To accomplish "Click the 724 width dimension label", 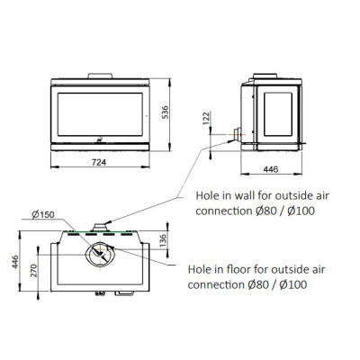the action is pos(99,162).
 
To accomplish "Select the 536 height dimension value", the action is pos(166,112).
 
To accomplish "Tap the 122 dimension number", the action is pos(207,118).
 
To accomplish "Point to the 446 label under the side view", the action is pos(271,169).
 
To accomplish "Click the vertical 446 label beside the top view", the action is pos(15,262).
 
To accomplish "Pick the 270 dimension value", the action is pos(33,271).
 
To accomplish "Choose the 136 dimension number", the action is pos(162,241).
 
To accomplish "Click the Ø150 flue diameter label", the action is pos(43,214).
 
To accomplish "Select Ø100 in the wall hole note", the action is pos(301,211).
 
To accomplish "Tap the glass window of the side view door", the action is pos(278,114).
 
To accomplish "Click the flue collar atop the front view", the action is pos(100,76).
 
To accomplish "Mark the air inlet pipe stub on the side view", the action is pos(238,134).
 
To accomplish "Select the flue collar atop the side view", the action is pos(265,76).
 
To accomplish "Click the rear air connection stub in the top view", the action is pos(99,228).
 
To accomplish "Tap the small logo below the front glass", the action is pos(100,139).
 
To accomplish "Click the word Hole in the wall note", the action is pos(207,195).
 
